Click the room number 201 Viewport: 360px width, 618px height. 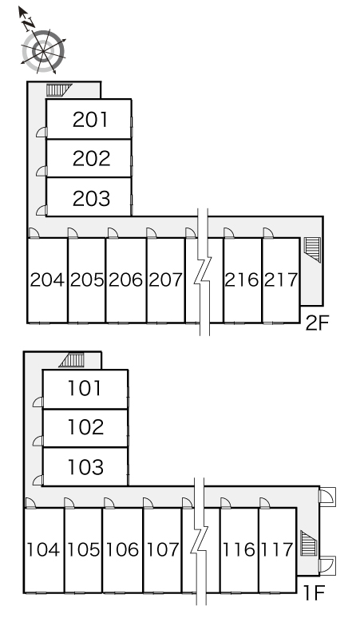90,120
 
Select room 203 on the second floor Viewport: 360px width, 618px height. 91,198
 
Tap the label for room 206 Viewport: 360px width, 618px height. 125,279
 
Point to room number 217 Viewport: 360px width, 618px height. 281,279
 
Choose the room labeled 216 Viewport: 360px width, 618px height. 242,279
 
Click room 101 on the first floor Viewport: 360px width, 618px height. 85,388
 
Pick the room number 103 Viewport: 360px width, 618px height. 85,466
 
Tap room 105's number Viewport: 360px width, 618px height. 84,549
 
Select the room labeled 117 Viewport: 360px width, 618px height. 278,549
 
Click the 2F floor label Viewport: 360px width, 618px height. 317,323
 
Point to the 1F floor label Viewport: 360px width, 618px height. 314,592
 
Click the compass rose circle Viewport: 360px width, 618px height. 43,51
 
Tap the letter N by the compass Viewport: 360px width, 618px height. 29,26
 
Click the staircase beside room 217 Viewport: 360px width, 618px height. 313,249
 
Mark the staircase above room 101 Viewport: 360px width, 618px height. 72,360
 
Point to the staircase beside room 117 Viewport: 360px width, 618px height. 309,543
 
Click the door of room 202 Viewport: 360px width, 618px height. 42,171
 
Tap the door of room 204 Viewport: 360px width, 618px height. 34,233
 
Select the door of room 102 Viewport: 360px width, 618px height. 38,441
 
